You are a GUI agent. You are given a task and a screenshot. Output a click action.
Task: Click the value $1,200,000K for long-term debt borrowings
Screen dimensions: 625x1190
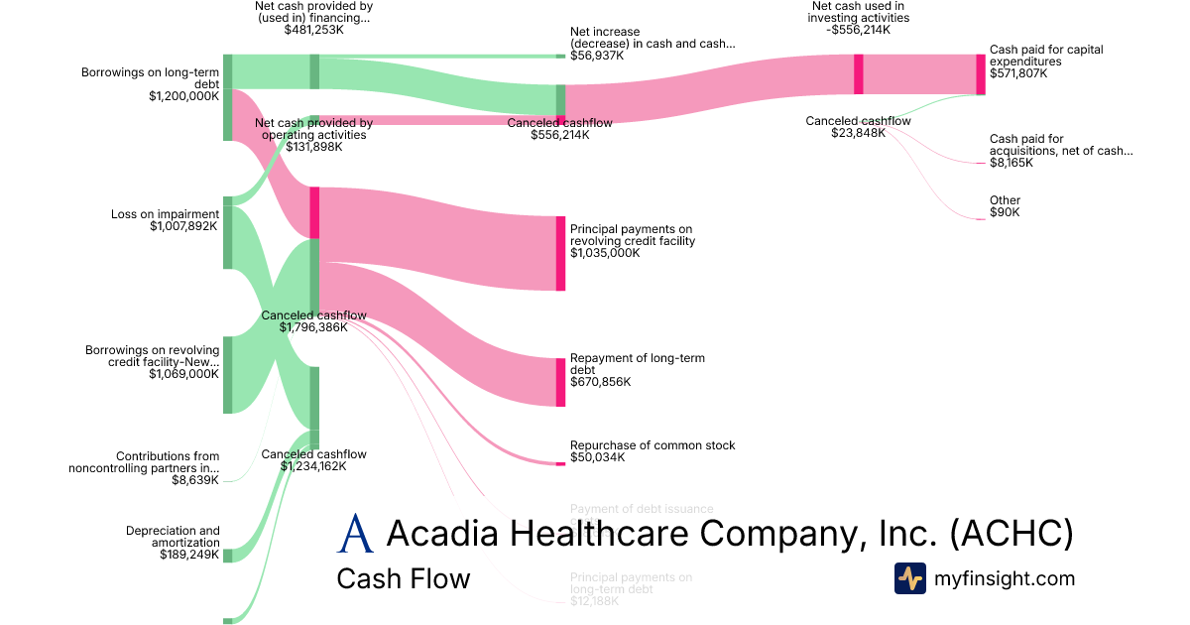[x=183, y=96]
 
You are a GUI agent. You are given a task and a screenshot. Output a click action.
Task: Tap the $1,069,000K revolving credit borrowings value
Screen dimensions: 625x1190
[x=183, y=374]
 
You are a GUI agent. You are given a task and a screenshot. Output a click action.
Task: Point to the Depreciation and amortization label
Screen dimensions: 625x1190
[x=173, y=537]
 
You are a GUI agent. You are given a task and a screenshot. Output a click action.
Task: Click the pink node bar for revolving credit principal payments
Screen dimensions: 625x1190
[x=560, y=253]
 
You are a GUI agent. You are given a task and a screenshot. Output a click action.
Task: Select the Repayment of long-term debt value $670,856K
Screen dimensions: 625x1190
[x=600, y=382]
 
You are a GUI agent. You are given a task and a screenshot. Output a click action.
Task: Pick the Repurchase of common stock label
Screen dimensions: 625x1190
[x=653, y=445]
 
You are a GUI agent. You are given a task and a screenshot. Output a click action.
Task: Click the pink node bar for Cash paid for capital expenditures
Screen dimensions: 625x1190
[x=981, y=74]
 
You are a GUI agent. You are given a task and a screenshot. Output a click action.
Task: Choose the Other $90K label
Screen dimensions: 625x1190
[x=1005, y=206]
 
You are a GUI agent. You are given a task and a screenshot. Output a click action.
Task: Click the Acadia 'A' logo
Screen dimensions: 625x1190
[x=355, y=534]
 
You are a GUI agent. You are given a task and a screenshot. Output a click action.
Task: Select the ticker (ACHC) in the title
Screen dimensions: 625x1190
[x=1011, y=534]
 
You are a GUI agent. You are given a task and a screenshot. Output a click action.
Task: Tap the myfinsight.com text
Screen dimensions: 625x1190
[x=1005, y=578]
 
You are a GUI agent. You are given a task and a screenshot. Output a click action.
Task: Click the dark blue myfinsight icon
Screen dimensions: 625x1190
[x=909, y=578]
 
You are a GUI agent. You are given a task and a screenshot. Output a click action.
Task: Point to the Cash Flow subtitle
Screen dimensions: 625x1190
[x=404, y=578]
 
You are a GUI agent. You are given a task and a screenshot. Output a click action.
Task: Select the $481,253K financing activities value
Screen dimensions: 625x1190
[x=313, y=30]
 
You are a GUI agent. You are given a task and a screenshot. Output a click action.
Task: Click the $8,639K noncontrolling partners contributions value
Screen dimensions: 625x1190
[x=194, y=479]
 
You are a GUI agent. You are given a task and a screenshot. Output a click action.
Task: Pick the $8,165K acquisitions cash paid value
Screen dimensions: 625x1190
[x=1011, y=163]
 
